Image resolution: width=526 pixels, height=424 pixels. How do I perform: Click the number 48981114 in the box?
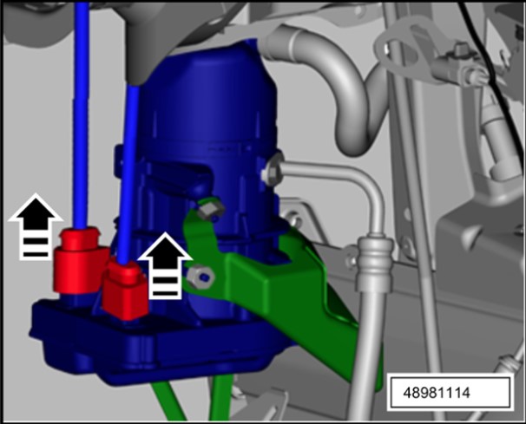click(x=436, y=393)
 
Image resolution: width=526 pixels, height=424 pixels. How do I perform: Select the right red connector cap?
click(x=126, y=290)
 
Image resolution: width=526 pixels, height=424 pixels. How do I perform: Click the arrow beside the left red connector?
click(x=36, y=226)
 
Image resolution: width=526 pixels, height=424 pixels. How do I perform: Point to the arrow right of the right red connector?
click(x=166, y=265)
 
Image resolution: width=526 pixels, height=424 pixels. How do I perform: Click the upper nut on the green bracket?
click(x=211, y=211)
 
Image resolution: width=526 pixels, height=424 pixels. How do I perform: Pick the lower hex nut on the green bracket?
click(x=201, y=277)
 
